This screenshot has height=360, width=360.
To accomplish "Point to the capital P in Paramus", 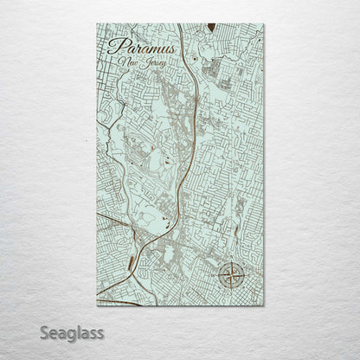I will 114,48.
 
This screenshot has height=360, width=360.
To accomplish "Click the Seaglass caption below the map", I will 72,332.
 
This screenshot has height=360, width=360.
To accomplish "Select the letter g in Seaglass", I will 74,334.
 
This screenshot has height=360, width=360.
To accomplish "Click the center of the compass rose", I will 231,276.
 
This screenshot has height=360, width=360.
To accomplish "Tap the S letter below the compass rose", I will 231,292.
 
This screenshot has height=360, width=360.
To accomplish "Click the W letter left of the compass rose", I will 215,277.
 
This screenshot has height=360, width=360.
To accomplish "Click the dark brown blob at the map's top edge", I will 210,28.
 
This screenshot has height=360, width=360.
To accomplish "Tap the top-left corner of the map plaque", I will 97,24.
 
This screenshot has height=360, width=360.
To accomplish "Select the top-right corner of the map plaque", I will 264,24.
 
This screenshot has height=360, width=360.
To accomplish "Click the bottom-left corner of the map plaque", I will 97,305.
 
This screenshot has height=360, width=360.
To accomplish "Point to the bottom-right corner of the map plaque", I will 264,305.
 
